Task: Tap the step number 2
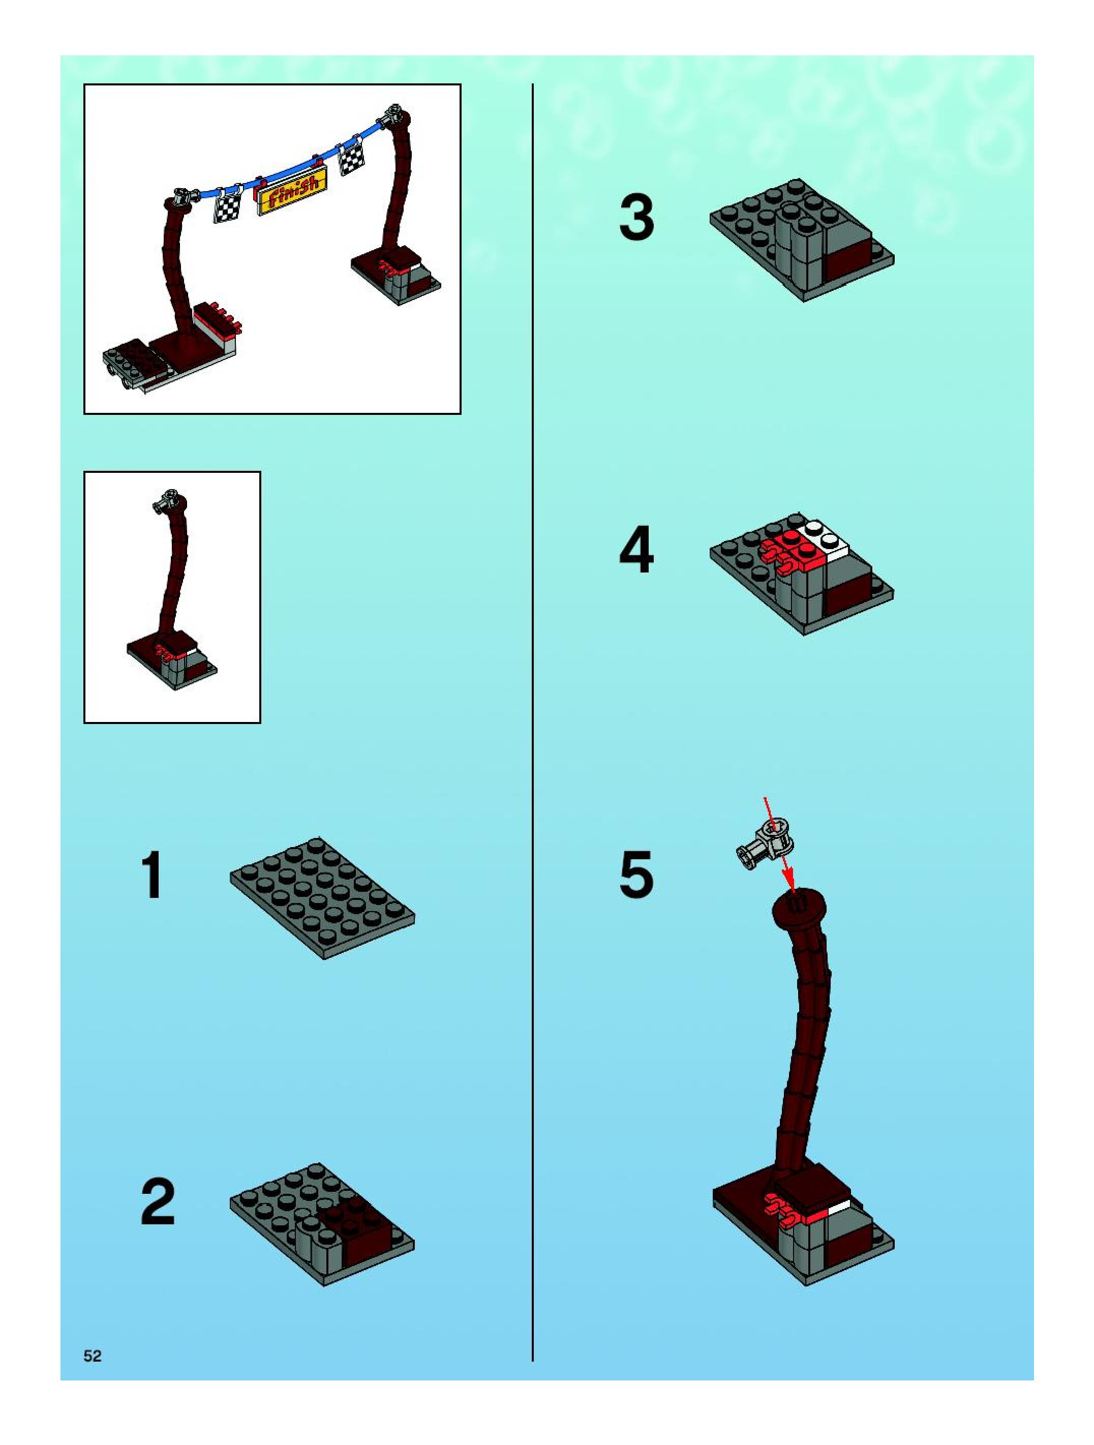[158, 1202]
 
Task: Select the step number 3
[637, 218]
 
